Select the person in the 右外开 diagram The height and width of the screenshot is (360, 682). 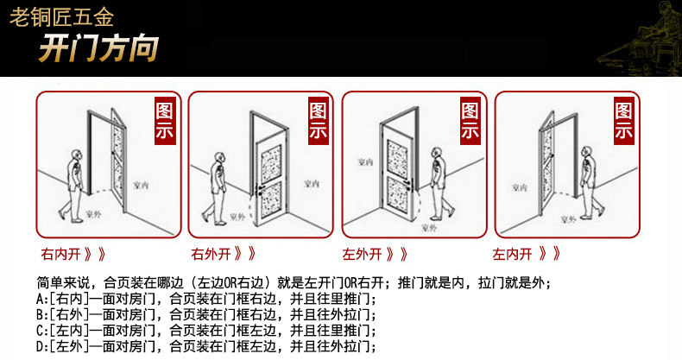coord(222,181)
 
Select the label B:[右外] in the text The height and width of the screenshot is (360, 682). coord(61,315)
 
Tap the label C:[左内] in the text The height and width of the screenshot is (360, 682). coord(61,332)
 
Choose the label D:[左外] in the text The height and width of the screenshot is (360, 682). coord(61,347)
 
